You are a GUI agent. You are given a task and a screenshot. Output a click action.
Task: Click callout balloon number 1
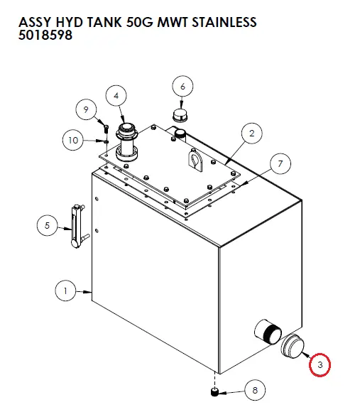click(x=65, y=291)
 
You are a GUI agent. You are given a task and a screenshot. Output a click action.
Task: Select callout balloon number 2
click(x=252, y=134)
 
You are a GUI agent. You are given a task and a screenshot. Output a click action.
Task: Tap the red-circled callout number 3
click(x=320, y=364)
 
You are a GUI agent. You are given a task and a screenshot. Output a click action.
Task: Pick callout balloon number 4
click(x=116, y=96)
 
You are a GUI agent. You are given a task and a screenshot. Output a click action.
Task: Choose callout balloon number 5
click(x=48, y=225)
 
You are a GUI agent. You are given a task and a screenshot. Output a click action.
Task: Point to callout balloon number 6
click(x=182, y=86)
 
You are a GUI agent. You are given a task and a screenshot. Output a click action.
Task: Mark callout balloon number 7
click(x=280, y=164)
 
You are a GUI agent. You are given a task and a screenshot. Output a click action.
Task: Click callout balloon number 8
click(x=255, y=390)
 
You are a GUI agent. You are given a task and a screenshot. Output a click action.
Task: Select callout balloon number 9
click(x=86, y=109)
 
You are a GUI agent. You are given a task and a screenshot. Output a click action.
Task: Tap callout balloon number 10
click(x=73, y=140)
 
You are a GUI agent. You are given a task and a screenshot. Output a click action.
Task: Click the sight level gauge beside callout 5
click(x=77, y=227)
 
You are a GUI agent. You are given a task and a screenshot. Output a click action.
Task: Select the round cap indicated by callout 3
click(x=293, y=347)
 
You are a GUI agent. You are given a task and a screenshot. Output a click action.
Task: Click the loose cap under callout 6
click(x=180, y=115)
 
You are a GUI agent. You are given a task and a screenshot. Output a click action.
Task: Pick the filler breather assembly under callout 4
click(x=127, y=142)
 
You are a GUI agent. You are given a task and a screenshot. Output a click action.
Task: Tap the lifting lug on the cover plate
click(x=196, y=161)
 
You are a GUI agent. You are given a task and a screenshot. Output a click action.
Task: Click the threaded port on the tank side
click(x=268, y=332)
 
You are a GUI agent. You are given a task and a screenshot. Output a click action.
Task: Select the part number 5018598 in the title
click(x=45, y=35)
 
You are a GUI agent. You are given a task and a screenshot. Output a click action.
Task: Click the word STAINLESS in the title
click(x=224, y=22)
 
